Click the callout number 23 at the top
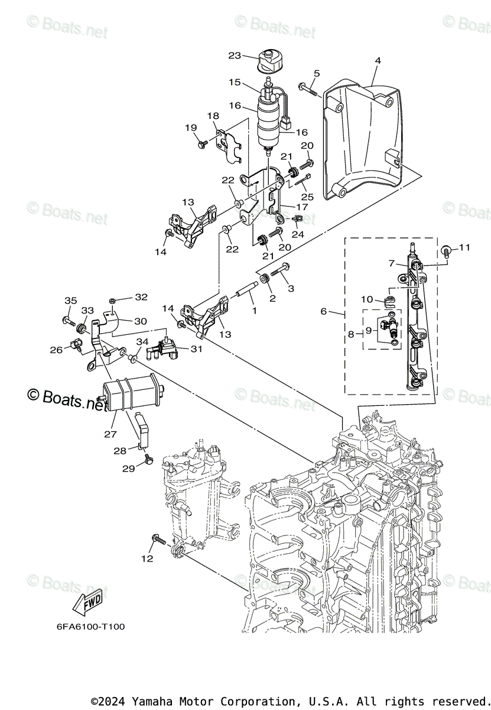(x=235, y=56)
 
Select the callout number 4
(x=378, y=60)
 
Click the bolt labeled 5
(x=307, y=89)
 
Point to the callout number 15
(x=235, y=82)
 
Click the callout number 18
(x=212, y=116)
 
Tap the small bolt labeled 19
(x=202, y=143)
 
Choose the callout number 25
(x=306, y=196)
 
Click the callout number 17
(x=303, y=207)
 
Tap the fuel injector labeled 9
(x=388, y=326)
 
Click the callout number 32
(x=141, y=297)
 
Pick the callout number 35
(x=70, y=301)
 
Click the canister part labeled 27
(x=124, y=393)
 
